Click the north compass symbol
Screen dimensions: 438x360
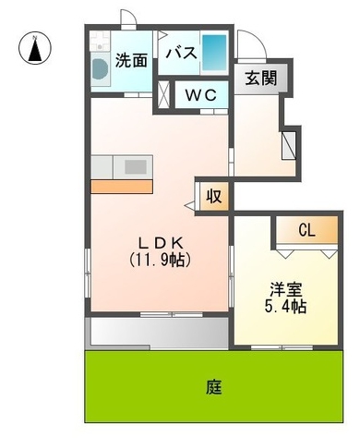click(35, 47)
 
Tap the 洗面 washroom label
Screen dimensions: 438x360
click(131, 62)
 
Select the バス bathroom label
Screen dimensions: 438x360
click(181, 54)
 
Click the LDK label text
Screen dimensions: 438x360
click(159, 242)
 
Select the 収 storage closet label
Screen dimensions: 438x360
click(212, 196)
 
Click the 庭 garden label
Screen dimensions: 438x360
click(214, 385)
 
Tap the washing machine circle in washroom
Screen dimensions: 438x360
click(99, 70)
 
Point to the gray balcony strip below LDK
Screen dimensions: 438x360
click(158, 332)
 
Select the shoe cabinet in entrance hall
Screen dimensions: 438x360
click(289, 144)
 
